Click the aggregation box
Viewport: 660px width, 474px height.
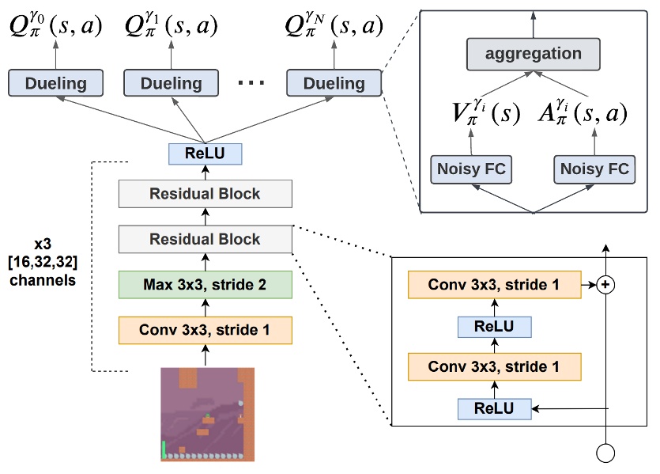(x=533, y=55)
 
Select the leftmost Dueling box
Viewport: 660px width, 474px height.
(x=56, y=83)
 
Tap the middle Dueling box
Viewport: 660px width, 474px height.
(x=172, y=83)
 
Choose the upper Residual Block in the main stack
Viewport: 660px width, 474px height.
(x=206, y=193)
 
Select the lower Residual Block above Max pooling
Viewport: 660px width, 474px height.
(x=206, y=238)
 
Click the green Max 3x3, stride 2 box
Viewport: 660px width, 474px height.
(x=206, y=283)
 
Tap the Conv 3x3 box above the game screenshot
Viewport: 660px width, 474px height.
(x=206, y=329)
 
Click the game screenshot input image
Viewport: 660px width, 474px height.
(x=207, y=414)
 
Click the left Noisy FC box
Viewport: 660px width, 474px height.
(x=470, y=169)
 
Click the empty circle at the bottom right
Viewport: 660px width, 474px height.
(x=605, y=454)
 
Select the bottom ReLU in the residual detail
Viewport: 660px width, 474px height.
(x=494, y=408)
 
